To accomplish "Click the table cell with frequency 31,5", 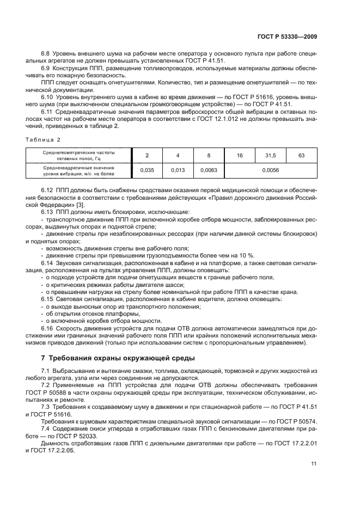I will [270, 156].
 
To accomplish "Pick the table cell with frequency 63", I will [302, 156].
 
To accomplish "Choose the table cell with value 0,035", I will [147, 170].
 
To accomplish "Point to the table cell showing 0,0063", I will [209, 170].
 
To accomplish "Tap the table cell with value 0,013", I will [178, 170].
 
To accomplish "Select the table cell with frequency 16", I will [240, 156].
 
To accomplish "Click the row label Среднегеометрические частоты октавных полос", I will [79, 156].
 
